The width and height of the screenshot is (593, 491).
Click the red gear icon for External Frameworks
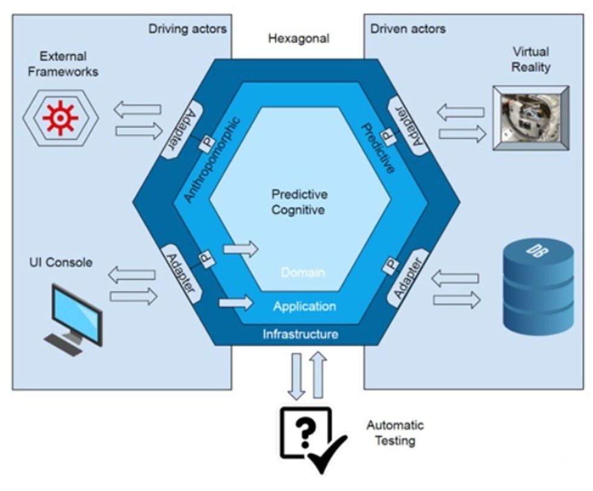coord(60,118)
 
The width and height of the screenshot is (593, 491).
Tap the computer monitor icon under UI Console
coord(74,320)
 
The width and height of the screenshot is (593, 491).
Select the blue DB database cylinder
coord(538,286)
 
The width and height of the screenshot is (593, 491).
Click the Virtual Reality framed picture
coord(531,117)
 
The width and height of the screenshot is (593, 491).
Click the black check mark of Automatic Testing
coord(327,454)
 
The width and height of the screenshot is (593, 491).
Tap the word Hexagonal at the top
coord(299,38)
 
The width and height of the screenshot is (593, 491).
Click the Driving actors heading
coord(187,28)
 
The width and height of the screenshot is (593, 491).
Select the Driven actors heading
coord(408,28)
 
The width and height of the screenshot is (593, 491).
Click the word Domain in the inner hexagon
coord(303,272)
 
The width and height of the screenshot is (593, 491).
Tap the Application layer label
coord(304,306)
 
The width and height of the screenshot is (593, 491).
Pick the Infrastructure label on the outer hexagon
coord(300,334)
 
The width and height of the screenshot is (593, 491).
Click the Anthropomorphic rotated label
coord(212,160)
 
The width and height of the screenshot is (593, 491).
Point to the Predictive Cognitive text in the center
coord(299,202)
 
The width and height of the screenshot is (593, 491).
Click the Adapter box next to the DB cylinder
coord(408,278)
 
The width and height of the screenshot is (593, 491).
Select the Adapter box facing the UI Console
coord(181,274)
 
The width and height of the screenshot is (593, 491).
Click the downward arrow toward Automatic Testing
coord(296,376)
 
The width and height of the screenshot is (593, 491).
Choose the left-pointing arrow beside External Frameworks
coord(137,110)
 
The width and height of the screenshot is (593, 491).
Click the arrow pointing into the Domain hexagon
coord(241,249)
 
